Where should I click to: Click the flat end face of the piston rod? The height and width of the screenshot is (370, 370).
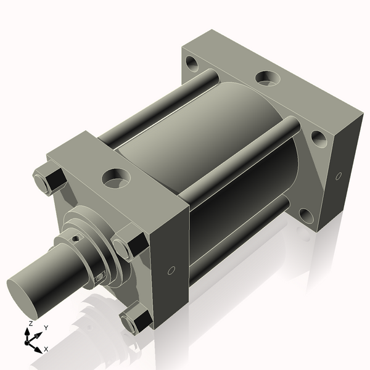[x=22, y=298]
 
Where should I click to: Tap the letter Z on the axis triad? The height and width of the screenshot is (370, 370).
[x=31, y=324]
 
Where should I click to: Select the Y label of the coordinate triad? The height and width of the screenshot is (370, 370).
[x=46, y=328]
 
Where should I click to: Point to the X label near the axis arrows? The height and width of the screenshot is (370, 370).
[x=46, y=349]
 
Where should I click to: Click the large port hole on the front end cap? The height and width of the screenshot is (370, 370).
[x=116, y=178]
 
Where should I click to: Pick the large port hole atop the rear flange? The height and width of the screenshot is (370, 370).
[x=268, y=78]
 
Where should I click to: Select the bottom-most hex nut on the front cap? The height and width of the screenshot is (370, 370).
[x=136, y=319]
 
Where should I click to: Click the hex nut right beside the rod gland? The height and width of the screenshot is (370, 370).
[x=129, y=242]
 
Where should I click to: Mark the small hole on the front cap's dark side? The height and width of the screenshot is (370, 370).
[x=171, y=271]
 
